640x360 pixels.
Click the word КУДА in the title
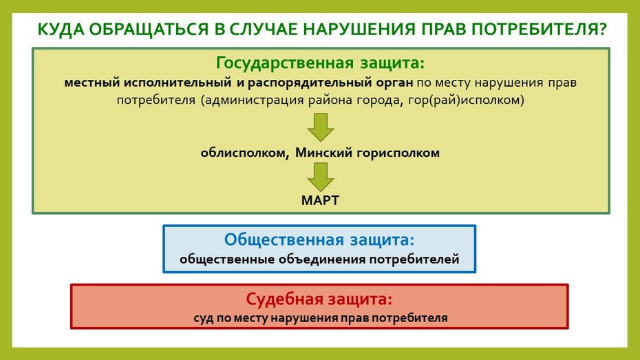coord(61,30)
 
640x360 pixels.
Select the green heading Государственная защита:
coord(321,63)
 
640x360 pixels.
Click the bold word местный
coord(92,83)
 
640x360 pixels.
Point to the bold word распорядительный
coord(308,83)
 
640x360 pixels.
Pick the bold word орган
coord(394,83)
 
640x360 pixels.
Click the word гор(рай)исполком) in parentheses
coord(466,100)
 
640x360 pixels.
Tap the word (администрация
coord(252,100)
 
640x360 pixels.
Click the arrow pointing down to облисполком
coord(321,127)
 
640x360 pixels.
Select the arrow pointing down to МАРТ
coord(321,177)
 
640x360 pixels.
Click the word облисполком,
coord(245,153)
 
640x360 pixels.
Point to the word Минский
coord(323,153)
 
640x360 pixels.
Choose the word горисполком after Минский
coord(398,153)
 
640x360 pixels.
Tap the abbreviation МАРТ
coord(321,200)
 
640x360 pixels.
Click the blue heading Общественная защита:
coord(319,240)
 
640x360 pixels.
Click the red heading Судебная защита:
coord(319,299)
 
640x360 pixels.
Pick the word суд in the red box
coord(203,318)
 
